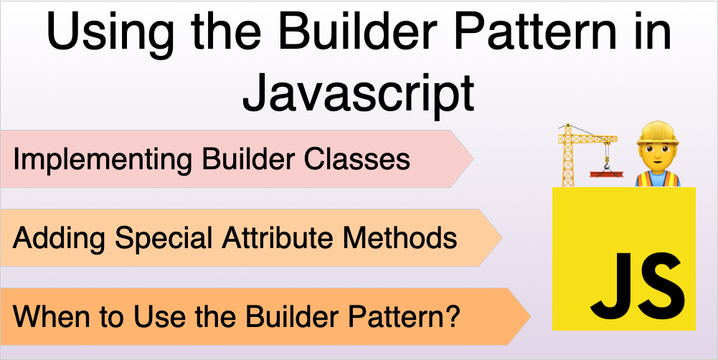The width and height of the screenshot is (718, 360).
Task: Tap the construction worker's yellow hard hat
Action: point(657,134)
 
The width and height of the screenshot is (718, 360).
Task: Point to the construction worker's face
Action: point(657,153)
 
